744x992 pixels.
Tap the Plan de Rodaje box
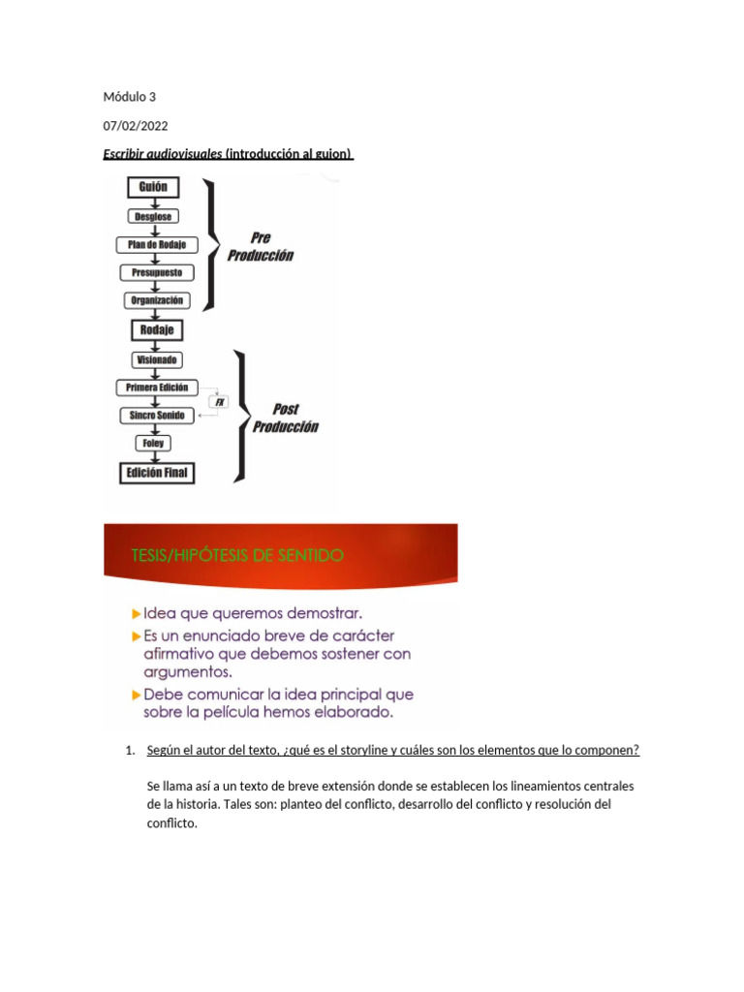tap(156, 244)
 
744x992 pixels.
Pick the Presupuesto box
tap(157, 272)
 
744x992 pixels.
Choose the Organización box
tap(157, 300)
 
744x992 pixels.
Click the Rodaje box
tap(157, 329)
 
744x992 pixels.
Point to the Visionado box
tap(156, 358)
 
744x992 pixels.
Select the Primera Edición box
tap(157, 387)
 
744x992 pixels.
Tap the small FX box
tap(219, 401)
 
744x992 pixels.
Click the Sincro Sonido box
tap(157, 415)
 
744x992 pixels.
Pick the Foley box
tap(155, 443)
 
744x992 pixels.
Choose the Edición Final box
tap(157, 473)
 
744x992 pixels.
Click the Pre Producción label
tap(260, 247)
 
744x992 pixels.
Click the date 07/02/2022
tap(129, 125)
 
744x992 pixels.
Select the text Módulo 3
tap(128, 97)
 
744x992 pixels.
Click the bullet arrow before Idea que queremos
tap(136, 614)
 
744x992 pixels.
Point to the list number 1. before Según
tap(131, 751)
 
